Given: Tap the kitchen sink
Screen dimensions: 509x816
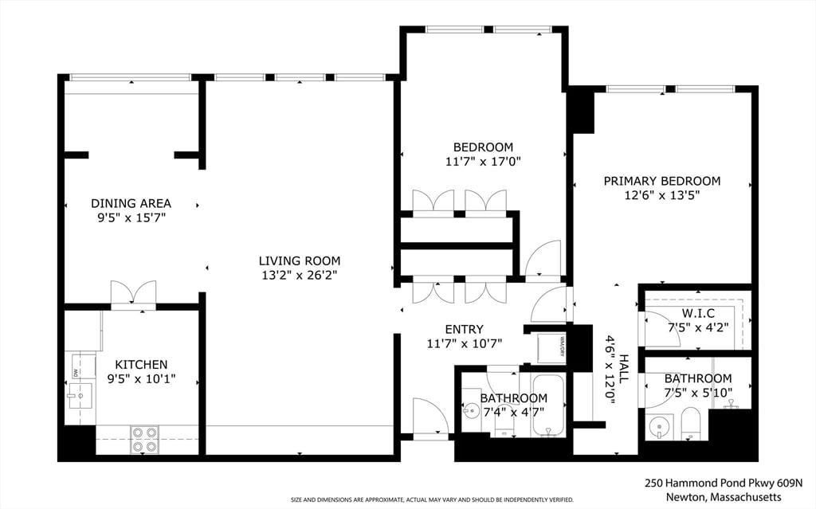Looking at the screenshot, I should coord(80,395).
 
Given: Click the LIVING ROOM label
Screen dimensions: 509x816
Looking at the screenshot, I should coord(299,260).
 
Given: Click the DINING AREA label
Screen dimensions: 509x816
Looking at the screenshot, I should coord(131,203).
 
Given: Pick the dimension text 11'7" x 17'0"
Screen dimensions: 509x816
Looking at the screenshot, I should coord(483,161).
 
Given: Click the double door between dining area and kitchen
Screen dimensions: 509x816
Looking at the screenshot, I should coord(133,294).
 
